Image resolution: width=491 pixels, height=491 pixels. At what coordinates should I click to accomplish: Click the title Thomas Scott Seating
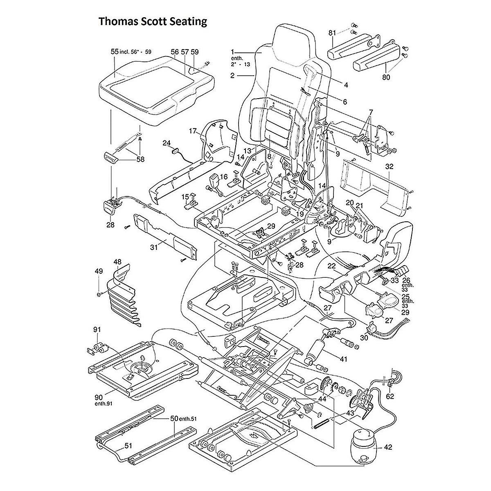pos(153,21)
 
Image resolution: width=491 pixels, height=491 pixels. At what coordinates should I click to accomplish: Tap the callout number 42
pos(388,447)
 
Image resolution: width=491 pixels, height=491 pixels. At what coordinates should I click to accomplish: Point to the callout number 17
pos(193,131)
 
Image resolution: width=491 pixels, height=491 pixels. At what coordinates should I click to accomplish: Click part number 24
pos(167,143)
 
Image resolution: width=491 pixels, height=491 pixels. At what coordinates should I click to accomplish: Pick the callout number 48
pos(117,261)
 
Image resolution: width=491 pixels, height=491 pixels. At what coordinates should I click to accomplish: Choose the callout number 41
pos(343,359)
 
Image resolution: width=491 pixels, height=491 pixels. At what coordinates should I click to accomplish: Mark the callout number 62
pos(390,396)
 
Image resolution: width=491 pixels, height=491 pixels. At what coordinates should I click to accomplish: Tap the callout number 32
pos(389,167)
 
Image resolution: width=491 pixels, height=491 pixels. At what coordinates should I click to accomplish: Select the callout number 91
pos(97,330)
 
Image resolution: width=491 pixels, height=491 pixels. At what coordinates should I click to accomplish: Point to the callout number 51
pos(128,446)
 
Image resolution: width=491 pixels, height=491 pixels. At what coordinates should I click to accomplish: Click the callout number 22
pos(331,266)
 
